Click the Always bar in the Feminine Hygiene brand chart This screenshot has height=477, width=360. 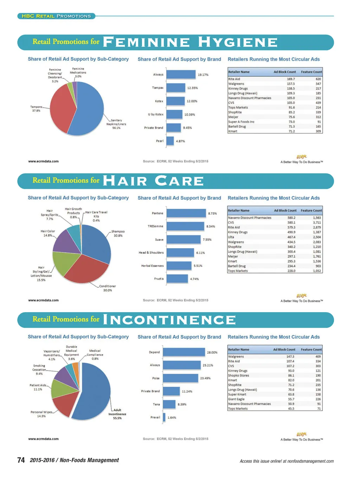[181, 75]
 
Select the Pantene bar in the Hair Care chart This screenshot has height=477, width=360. [186, 213]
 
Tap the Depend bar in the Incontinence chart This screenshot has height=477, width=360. [184, 352]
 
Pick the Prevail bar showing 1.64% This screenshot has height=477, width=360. [164, 418]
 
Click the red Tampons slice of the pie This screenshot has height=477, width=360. [62, 107]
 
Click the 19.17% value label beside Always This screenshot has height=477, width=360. [203, 75]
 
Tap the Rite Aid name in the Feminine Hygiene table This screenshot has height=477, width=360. [234, 79]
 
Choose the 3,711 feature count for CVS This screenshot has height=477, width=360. [317, 223]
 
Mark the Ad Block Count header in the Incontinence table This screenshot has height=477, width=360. [284, 350]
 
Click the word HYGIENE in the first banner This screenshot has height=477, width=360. [238, 43]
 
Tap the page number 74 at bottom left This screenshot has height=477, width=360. [21, 460]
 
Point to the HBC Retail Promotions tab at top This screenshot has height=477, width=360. [56, 16]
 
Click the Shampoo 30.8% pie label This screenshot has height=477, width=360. [118, 233]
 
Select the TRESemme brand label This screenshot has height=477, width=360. [155, 226]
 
